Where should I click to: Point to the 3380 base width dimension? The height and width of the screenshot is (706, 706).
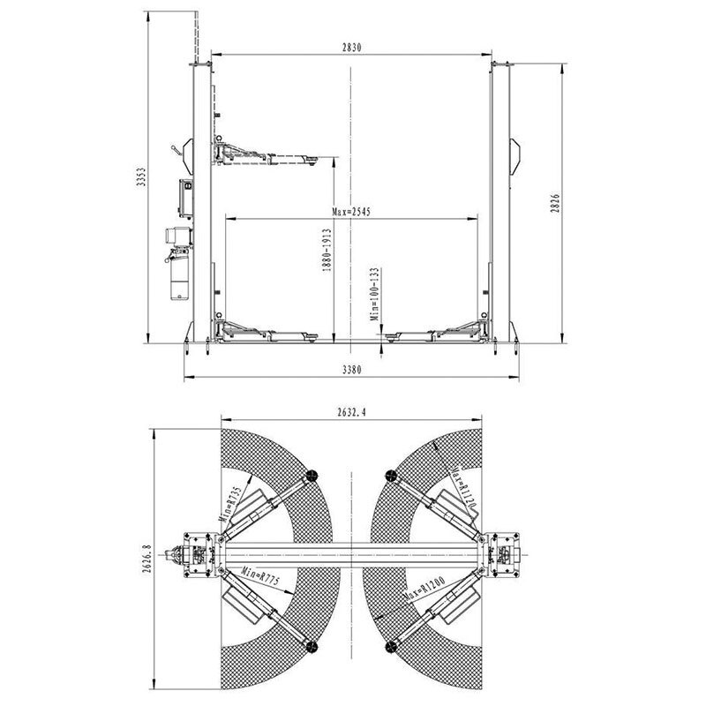(x=351, y=372)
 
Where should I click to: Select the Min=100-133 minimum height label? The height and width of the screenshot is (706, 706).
(x=374, y=295)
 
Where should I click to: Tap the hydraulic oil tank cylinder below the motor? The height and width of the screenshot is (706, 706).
(x=178, y=278)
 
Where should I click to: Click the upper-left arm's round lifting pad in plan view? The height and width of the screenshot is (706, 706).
(x=312, y=477)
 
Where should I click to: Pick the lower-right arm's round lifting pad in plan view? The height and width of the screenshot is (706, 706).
(x=390, y=647)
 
